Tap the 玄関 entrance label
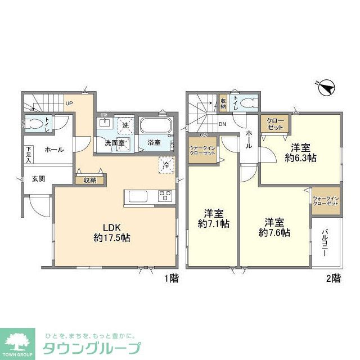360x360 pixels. pyautogui.click(x=38, y=178)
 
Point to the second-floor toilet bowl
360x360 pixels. pyautogui.click(x=248, y=103)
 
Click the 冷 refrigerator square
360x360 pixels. pyautogui.click(x=166, y=165)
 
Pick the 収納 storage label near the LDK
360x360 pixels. pyautogui.click(x=90, y=181)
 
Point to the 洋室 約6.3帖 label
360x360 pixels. pyautogui.click(x=300, y=152)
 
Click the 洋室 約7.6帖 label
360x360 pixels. pyautogui.click(x=274, y=226)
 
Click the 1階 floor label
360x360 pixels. pyautogui.click(x=171, y=278)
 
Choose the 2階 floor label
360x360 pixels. pyautogui.click(x=332, y=278)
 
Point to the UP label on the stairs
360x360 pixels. pyautogui.click(x=69, y=103)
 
